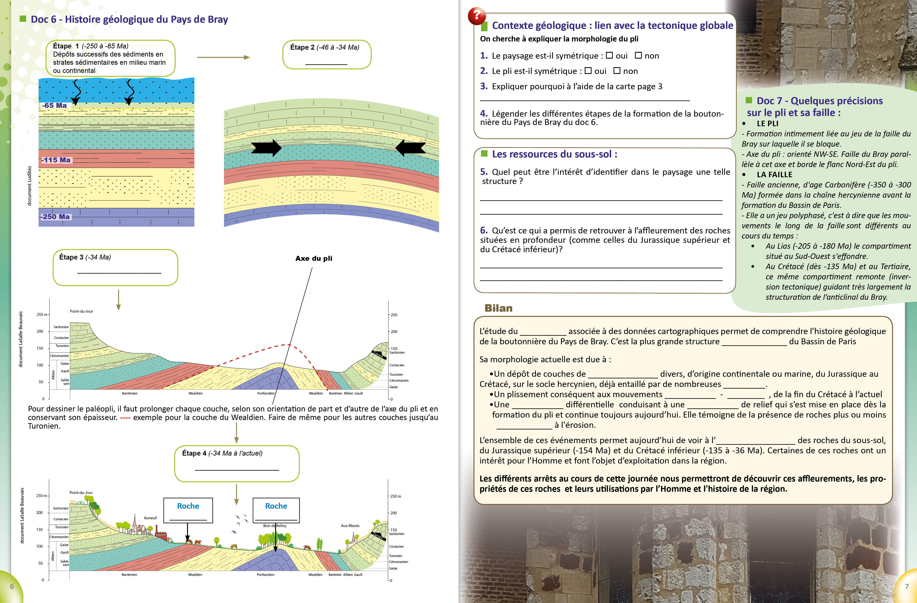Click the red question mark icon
(x=477, y=15)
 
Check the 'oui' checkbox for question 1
(x=609, y=56)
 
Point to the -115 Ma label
(x=57, y=160)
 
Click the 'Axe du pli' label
(x=314, y=258)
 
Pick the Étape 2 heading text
(x=324, y=47)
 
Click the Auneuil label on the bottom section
(x=150, y=518)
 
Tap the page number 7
(x=907, y=586)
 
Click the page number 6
(x=12, y=586)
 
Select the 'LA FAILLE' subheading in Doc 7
(x=774, y=174)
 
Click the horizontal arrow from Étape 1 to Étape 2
(x=224, y=57)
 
